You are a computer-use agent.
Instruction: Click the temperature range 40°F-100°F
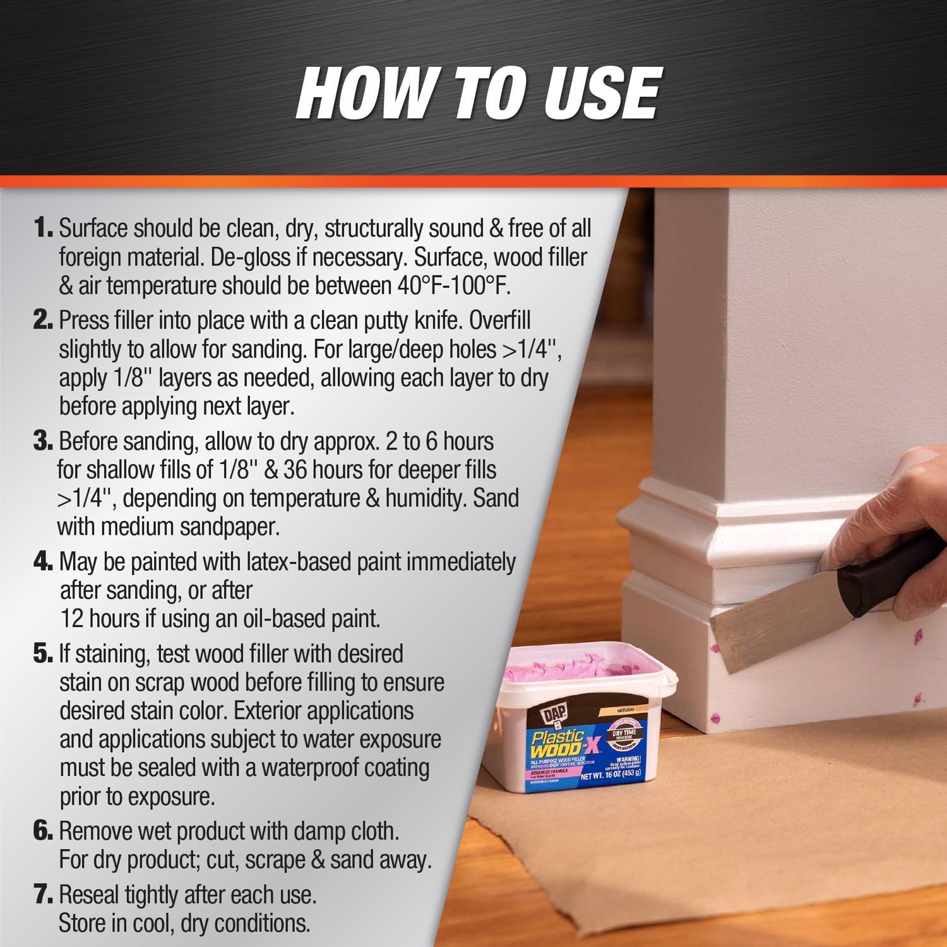click(453, 286)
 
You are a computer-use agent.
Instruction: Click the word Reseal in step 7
click(89, 895)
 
